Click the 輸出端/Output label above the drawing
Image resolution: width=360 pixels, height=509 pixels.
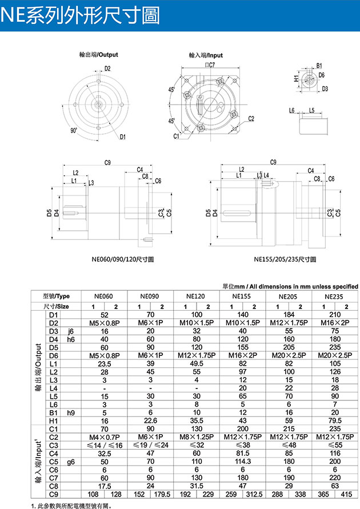99,55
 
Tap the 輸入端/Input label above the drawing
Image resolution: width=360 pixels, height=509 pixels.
206,55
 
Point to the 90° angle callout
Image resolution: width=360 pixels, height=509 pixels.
73,130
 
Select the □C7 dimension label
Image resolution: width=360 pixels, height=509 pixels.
210,66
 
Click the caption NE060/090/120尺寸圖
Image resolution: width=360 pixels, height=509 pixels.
122,259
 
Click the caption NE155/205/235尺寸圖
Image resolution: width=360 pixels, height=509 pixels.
285,259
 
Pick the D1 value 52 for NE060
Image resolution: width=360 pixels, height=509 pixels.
104,315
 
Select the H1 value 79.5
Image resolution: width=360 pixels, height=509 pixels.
335,420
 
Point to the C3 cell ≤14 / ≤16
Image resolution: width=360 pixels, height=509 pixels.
104,444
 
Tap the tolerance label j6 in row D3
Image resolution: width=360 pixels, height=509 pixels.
71,331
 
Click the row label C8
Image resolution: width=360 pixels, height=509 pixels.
55,486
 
